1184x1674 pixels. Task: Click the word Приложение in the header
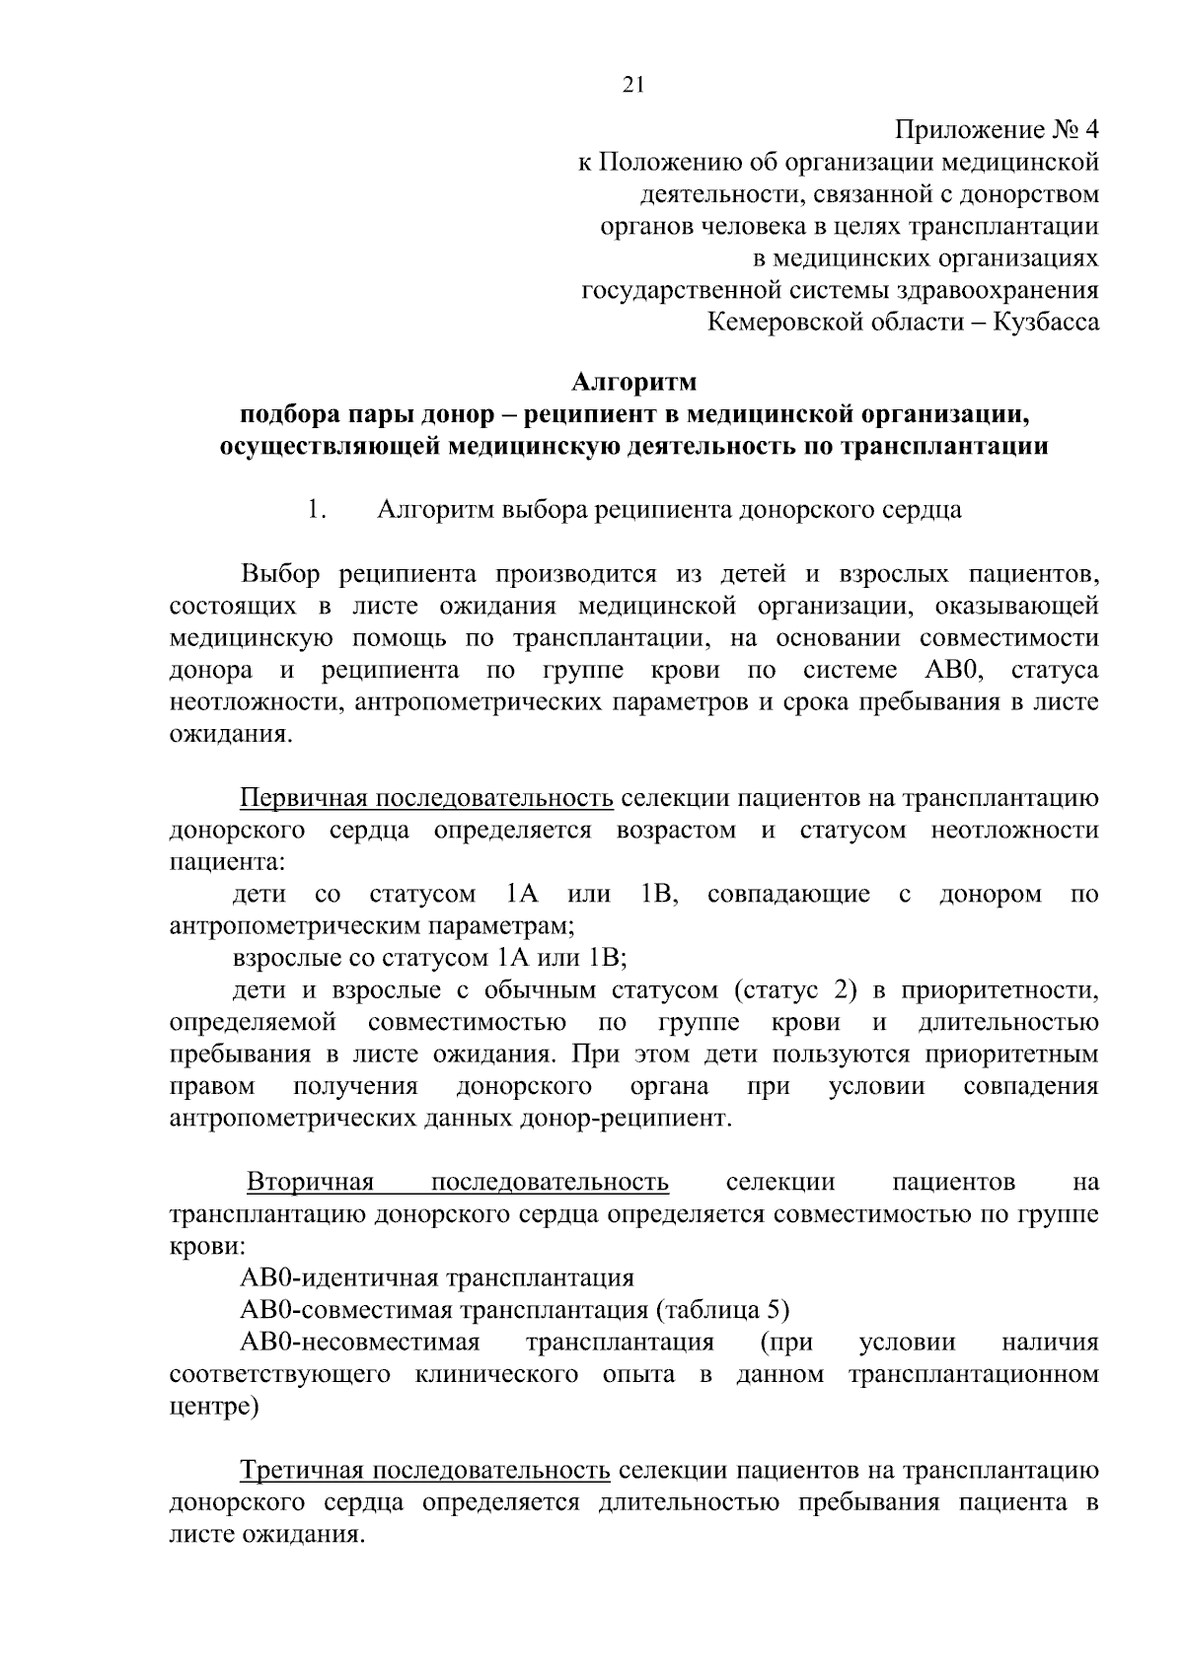(957, 130)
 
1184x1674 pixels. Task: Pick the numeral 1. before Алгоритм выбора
(316, 511)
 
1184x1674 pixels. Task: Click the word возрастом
(676, 830)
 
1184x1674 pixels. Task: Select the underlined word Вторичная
(310, 1182)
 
